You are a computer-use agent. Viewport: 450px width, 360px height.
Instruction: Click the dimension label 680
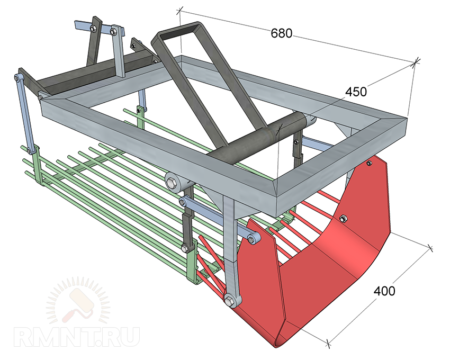point(281,33)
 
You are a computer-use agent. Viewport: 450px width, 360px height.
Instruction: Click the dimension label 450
point(356,92)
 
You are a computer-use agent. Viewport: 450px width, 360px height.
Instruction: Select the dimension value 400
point(384,291)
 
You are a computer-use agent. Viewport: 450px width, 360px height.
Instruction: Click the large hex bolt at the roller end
point(173,183)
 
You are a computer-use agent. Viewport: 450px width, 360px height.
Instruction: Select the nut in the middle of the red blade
point(342,219)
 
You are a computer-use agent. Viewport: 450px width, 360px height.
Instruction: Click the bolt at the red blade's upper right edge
point(369,164)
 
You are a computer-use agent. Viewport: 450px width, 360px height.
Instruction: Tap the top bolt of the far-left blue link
point(17,78)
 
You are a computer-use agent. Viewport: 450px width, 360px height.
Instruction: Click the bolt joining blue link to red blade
point(252,239)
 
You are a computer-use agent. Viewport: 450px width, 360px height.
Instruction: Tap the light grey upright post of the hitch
point(118,52)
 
